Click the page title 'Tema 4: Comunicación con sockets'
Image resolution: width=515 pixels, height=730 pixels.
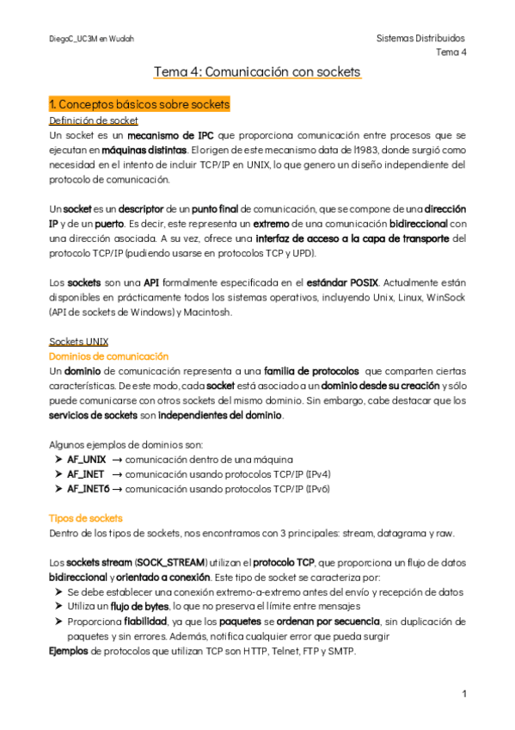coord(257,72)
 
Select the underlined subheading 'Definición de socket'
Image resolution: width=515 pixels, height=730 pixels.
coord(94,121)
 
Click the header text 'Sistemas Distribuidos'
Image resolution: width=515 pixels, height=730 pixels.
coord(421,39)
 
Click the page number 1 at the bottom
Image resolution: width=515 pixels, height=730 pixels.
coord(463,693)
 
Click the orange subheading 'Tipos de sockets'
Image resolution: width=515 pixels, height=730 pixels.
coord(86,518)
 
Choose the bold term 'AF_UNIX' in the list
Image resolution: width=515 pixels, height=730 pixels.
coord(87,460)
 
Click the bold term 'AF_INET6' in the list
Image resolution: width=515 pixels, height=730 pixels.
coord(89,488)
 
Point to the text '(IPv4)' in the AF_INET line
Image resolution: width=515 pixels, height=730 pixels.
coord(316,474)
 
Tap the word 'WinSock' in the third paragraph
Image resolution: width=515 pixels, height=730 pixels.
coord(445,297)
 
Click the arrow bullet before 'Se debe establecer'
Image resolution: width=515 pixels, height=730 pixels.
coord(58,592)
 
